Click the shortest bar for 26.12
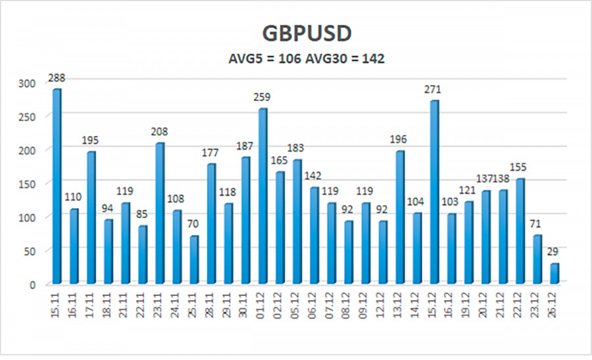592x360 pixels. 554,274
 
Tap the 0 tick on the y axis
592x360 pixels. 34,284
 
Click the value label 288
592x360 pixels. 57,78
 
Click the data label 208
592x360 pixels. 159,132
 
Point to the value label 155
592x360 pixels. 520,167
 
